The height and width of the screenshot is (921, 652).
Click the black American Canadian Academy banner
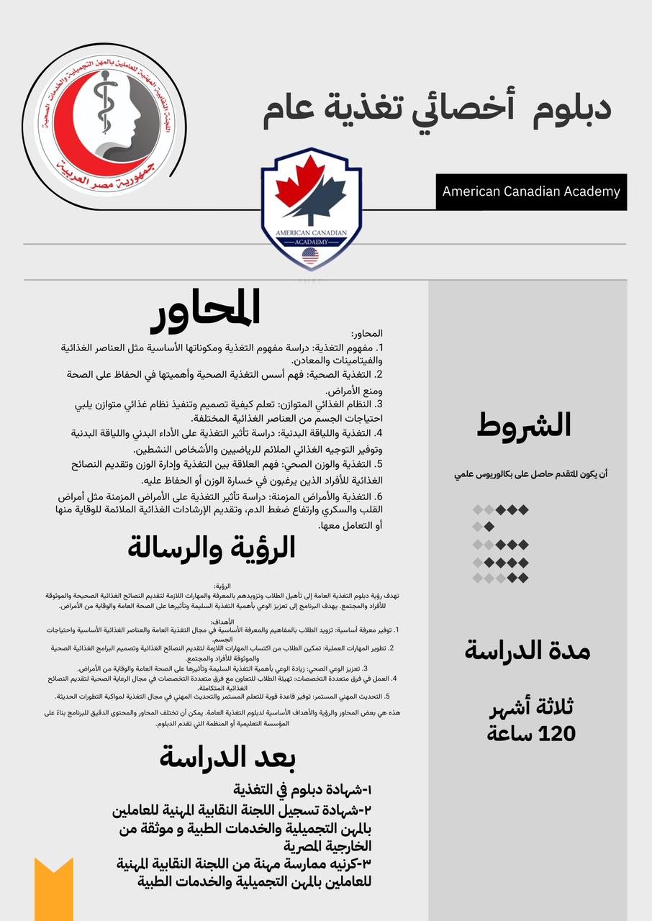(531, 191)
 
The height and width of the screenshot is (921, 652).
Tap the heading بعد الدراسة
(227, 757)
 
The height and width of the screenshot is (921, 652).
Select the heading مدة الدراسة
(527, 652)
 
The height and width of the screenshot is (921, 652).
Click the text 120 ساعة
(531, 734)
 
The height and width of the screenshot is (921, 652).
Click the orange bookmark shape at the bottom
(54, 889)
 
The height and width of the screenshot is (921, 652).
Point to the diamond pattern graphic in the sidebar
(500, 543)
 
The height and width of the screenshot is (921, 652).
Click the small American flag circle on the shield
(311, 255)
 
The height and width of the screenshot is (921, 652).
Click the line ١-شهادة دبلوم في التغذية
(303, 789)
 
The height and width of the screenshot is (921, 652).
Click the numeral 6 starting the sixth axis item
(377, 497)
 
